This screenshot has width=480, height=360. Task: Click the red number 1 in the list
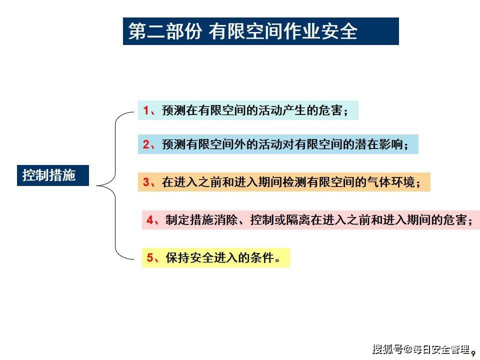pyautogui.click(x=146, y=110)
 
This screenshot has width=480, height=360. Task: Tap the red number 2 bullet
pyautogui.click(x=146, y=144)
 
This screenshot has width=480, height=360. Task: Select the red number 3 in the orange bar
pyautogui.click(x=146, y=182)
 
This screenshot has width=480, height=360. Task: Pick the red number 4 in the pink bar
pyautogui.click(x=150, y=220)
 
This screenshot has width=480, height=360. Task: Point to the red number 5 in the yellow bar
pyautogui.click(x=150, y=257)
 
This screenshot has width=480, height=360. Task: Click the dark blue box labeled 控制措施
pyautogui.click(x=53, y=175)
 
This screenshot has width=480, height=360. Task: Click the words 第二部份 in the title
pyautogui.click(x=165, y=31)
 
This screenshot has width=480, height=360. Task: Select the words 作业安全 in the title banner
pyautogui.click(x=320, y=31)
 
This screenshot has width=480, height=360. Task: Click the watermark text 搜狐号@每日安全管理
pyautogui.click(x=421, y=349)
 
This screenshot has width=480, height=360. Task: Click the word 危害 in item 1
pyautogui.click(x=330, y=110)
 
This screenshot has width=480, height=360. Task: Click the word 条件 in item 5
pyautogui.click(x=262, y=257)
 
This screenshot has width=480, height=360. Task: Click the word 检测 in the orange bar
pyautogui.click(x=294, y=182)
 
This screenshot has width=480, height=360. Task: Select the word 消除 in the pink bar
pyautogui.click(x=226, y=220)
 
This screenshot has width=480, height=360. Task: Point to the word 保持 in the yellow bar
pyautogui.click(x=178, y=257)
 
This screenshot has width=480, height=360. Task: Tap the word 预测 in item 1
pyautogui.click(x=174, y=110)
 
